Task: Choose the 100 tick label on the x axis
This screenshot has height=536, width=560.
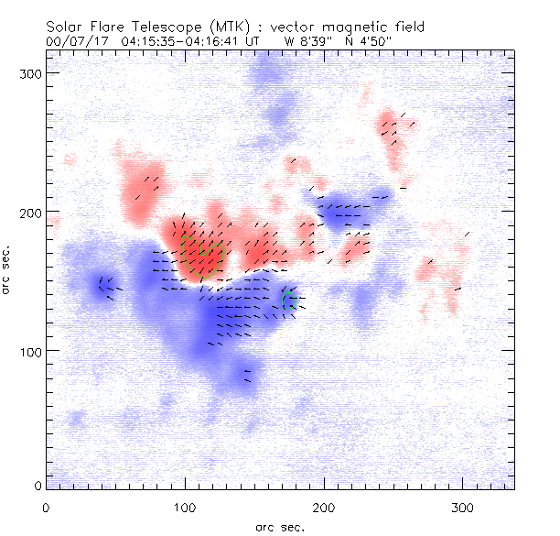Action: coord(186,507)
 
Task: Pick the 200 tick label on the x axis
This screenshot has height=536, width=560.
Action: coord(325,507)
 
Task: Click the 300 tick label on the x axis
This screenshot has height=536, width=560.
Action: coord(464,507)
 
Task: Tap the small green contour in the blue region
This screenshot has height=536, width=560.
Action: coord(286,301)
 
